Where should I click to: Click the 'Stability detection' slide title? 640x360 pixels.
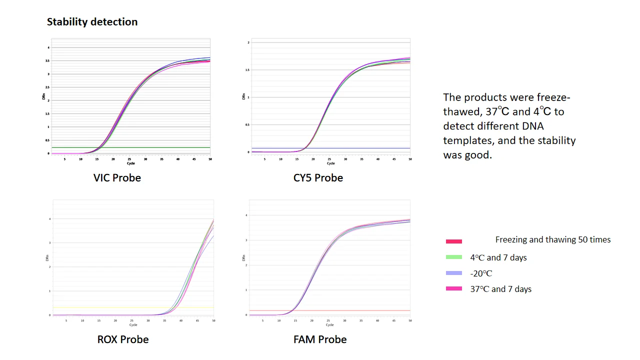[92, 22]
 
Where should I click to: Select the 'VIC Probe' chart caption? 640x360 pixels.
[117, 178]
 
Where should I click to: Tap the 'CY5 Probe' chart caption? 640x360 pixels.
[318, 178]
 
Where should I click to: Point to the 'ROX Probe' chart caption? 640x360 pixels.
[123, 339]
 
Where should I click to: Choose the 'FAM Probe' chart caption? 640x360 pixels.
[320, 339]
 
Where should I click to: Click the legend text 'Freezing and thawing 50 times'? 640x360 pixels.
[552, 240]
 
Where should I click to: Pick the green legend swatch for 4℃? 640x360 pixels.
[453, 257]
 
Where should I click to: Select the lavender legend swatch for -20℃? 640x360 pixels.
[453, 273]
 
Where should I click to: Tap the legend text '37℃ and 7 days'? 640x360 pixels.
[500, 289]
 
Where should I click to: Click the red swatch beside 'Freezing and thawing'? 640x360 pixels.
[453, 241]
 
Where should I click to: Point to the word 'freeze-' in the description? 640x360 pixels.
[553, 97]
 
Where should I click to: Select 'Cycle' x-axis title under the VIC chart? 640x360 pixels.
[130, 163]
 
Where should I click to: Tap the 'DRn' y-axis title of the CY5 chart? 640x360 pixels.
[244, 96]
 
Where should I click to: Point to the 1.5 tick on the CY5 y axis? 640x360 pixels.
[247, 70]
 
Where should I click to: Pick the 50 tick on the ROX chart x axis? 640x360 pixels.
[213, 320]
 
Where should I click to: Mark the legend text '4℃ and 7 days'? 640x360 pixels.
[498, 258]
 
